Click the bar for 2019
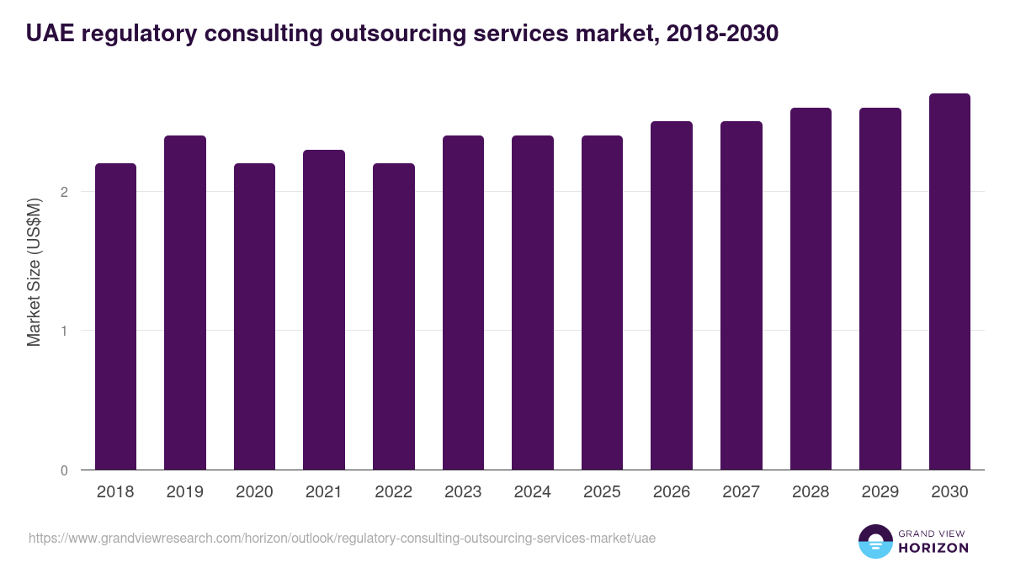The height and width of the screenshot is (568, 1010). click(x=185, y=303)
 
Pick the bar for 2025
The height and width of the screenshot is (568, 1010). click(x=602, y=303)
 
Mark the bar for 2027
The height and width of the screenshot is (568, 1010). click(x=741, y=295)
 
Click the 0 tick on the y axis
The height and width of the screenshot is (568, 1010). click(x=64, y=470)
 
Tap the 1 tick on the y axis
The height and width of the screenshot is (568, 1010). click(x=64, y=331)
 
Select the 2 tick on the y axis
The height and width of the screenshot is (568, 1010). click(x=64, y=192)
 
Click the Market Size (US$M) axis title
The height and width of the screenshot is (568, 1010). click(x=34, y=273)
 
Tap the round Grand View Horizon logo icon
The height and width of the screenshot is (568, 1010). click(x=874, y=541)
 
